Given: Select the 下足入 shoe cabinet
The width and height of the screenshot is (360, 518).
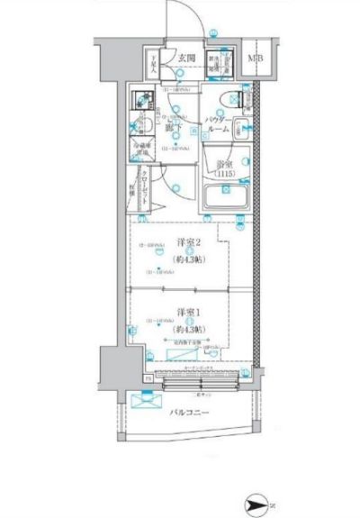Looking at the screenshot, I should [154, 66].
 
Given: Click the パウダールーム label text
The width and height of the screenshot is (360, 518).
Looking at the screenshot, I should [220, 123].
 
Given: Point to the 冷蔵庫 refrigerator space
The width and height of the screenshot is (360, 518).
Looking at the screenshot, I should [140, 150].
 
